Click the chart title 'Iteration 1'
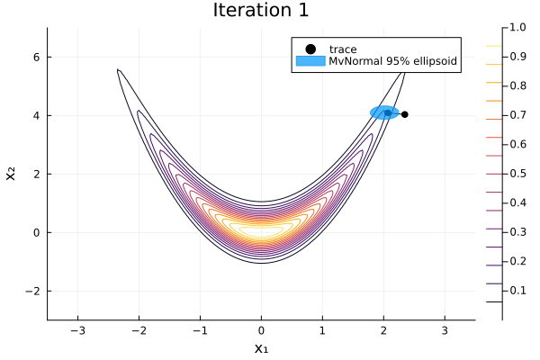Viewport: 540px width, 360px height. click(261, 11)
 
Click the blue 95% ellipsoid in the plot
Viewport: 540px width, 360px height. click(384, 112)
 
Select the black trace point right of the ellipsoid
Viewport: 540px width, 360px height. click(405, 114)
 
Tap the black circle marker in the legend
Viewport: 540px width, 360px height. click(310, 49)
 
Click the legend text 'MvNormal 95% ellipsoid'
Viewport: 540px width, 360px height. click(392, 62)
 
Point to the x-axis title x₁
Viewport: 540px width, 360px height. click(261, 347)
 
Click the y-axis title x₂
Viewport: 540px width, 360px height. click(12, 174)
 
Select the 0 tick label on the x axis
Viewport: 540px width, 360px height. click(261, 330)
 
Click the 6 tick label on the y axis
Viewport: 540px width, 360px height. click(36, 57)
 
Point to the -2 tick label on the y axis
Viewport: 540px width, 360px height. click(32, 291)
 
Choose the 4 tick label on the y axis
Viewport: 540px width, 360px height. click(36, 115)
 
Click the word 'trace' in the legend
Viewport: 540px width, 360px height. click(343, 49)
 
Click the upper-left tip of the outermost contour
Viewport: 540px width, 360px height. click(118, 69)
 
